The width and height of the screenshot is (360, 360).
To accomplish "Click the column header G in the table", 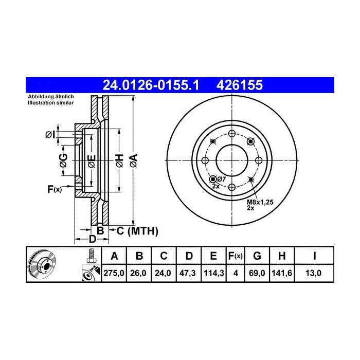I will (x=258, y=256).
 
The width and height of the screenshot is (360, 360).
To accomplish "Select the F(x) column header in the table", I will (x=235, y=256).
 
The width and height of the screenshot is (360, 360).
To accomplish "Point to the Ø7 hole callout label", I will (x=221, y=179).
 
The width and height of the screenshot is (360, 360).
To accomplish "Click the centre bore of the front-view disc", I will (x=231, y=160).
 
